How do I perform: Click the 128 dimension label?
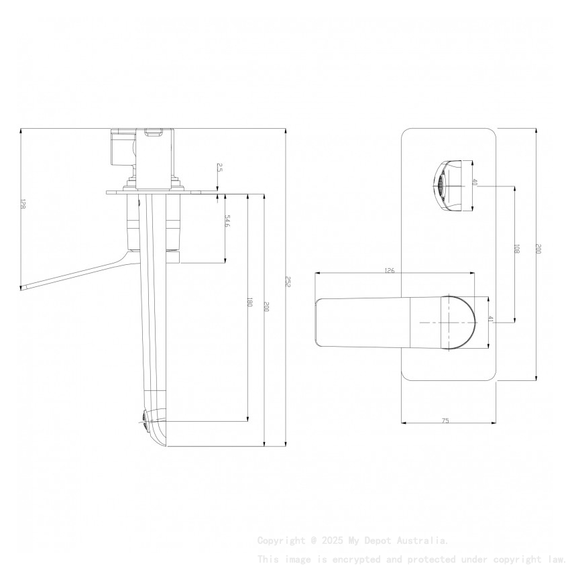pyautogui.click(x=22, y=204)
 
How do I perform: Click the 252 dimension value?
pyautogui.click(x=288, y=282)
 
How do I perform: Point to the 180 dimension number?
pyautogui.click(x=249, y=302)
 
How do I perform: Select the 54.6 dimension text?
pyautogui.click(x=227, y=221)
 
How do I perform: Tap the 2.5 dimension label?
pyautogui.click(x=219, y=168)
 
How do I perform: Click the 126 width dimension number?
pyautogui.click(x=389, y=271)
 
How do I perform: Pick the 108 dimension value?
pyautogui.click(x=517, y=249)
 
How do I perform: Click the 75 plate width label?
pyautogui.click(x=445, y=420)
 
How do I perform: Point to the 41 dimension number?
pyautogui.click(x=491, y=320)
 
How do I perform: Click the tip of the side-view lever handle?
pyautogui.click(x=24, y=288)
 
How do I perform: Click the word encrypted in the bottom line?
pyautogui.click(x=349, y=559)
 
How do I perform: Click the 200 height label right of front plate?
pyautogui.click(x=538, y=249)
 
